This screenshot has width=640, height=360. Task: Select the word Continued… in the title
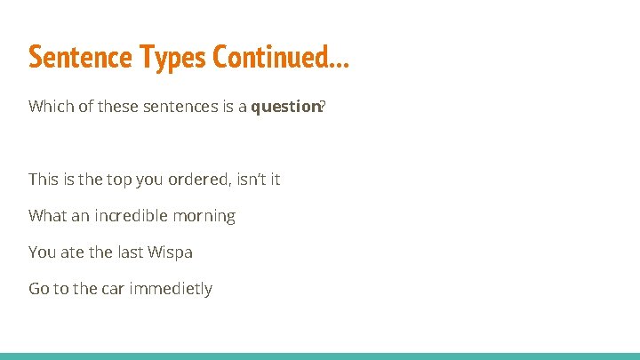pos(282,57)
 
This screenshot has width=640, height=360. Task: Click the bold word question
pos(284,107)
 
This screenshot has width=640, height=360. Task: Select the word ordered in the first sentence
pos(197,179)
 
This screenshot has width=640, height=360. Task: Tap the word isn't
pos(248,179)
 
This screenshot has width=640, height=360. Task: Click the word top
pos(119,180)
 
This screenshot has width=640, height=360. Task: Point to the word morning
pos(207,216)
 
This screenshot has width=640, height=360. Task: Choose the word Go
pos(39,288)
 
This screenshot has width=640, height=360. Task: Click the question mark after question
pos(323,107)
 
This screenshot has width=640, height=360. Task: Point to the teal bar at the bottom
pos(320,356)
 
